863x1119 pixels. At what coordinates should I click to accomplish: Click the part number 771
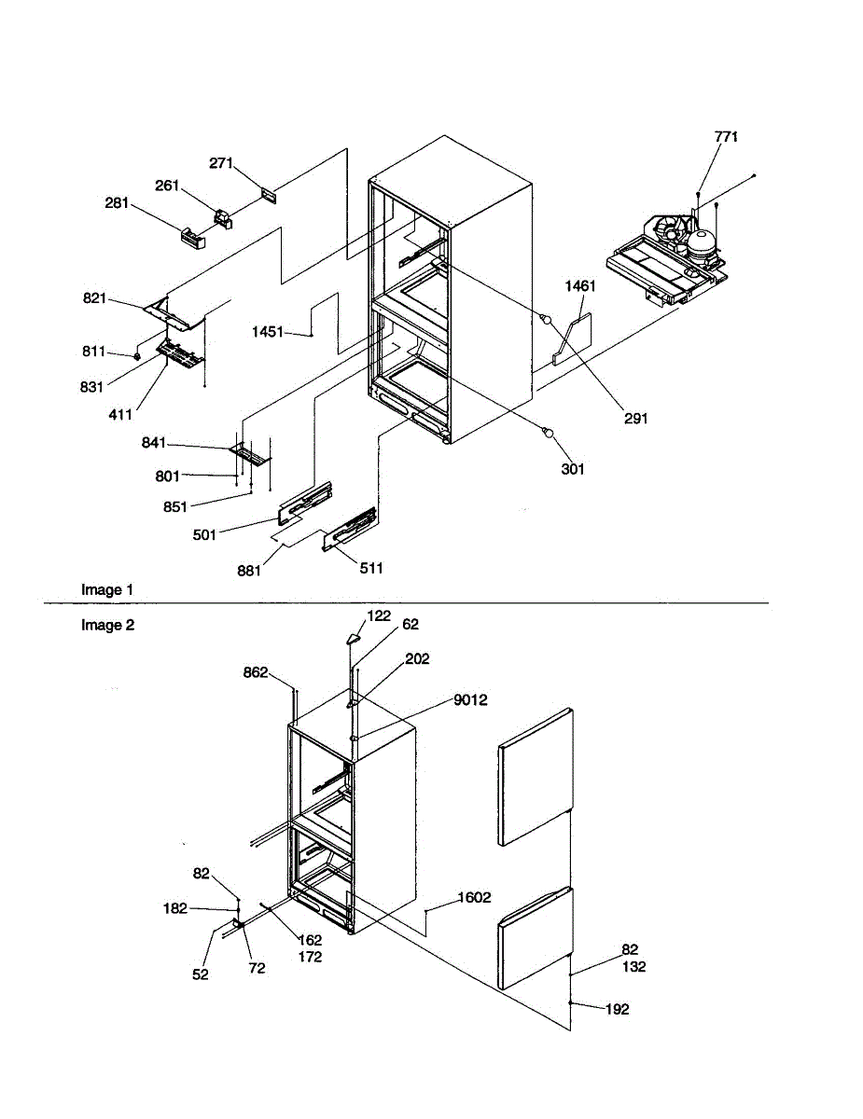[x=726, y=137]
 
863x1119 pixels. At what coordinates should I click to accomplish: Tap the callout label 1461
[x=579, y=287]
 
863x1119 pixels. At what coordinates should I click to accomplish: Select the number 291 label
[x=635, y=419]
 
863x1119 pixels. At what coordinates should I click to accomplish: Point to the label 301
[x=572, y=469]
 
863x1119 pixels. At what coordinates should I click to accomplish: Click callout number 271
[x=220, y=163]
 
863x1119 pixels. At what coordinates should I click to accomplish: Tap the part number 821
[x=94, y=298]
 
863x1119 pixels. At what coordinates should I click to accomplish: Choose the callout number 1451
[x=268, y=331]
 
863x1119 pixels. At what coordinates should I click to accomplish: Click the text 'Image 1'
[x=107, y=589]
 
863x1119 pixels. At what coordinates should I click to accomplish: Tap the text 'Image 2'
[x=107, y=625]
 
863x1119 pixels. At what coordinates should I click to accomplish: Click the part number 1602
[x=474, y=899]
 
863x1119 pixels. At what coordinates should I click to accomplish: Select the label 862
[x=256, y=671]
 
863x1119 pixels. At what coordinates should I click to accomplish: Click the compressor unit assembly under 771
[x=667, y=256]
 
